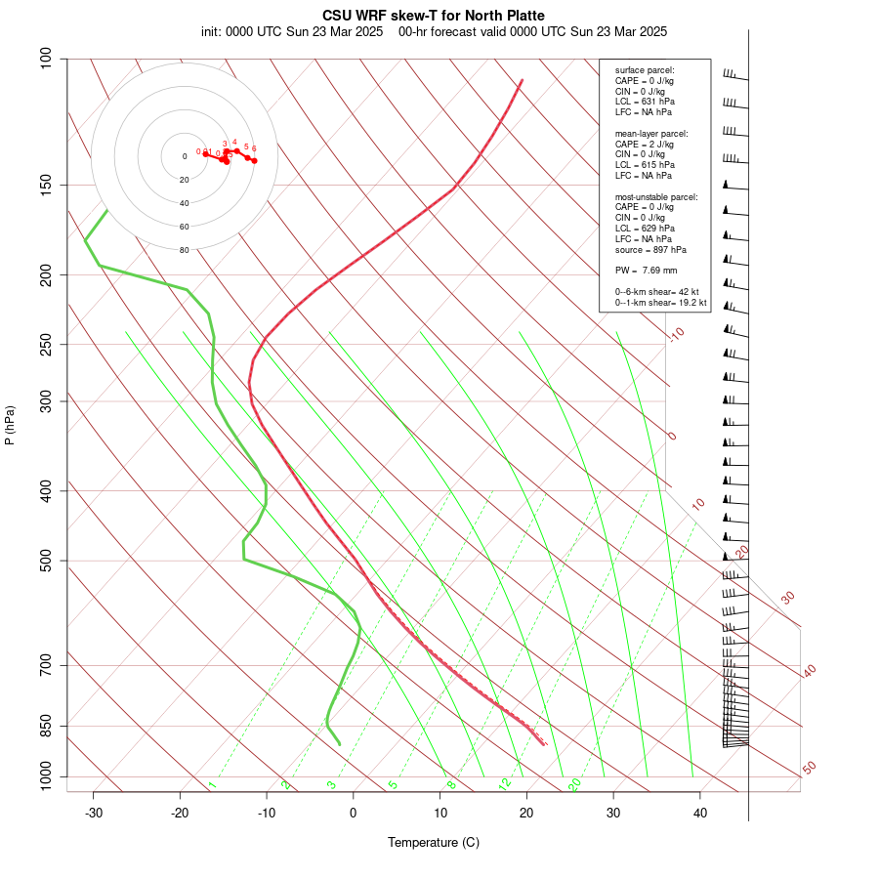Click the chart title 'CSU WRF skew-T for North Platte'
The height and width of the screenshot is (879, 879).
[x=434, y=16]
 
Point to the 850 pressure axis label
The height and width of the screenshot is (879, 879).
[x=46, y=726]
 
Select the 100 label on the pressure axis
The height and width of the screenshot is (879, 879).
[x=46, y=59]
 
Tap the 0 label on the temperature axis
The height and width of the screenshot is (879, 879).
[x=354, y=813]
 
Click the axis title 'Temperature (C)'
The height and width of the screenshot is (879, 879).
[x=434, y=842]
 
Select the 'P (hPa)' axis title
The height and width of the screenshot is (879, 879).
[x=10, y=425]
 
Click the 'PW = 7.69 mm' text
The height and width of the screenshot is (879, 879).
[x=646, y=270]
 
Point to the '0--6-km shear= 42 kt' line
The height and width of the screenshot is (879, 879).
[x=660, y=291]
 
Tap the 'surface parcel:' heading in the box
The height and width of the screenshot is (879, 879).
[x=645, y=70]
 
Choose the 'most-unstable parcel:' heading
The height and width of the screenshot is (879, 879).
[x=656, y=196]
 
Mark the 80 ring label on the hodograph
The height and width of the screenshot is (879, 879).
[x=184, y=250]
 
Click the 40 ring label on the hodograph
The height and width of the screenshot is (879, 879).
[x=184, y=203]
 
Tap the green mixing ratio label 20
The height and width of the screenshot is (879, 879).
[x=574, y=783]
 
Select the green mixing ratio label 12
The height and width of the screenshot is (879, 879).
[x=504, y=783]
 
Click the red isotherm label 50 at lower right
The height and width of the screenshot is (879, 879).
[x=809, y=768]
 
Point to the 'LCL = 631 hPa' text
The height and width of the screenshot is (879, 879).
[x=645, y=101]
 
